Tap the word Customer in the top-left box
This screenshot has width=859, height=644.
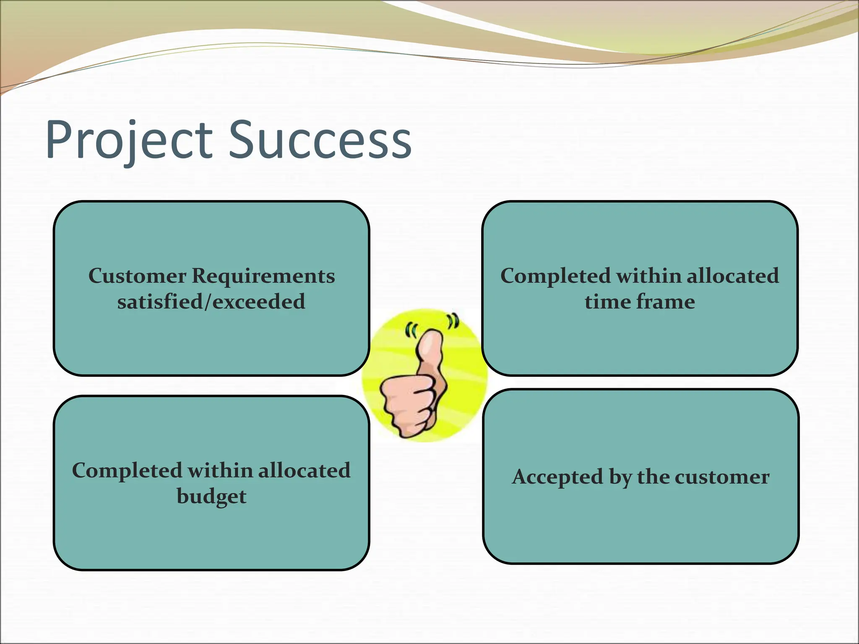[x=137, y=276]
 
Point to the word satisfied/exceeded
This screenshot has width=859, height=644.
[x=211, y=302]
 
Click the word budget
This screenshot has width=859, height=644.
[x=211, y=497]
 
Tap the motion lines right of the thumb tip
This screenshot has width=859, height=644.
[x=453, y=321]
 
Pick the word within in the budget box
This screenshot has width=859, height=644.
[x=220, y=471]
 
